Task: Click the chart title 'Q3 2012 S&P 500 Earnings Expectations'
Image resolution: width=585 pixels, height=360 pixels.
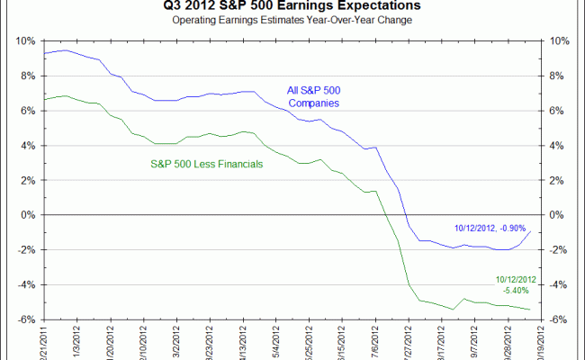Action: click(x=292, y=5)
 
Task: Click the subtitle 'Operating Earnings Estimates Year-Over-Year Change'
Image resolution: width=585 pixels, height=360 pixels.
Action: click(x=292, y=20)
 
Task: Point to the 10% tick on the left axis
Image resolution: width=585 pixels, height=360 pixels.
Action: click(x=25, y=41)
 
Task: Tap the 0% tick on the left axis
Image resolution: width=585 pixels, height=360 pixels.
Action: click(x=27, y=215)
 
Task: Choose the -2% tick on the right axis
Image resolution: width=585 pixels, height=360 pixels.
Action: click(x=558, y=250)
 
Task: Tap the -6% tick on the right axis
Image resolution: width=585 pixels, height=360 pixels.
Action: click(x=558, y=319)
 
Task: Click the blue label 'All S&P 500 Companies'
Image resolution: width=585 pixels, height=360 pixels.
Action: click(x=314, y=96)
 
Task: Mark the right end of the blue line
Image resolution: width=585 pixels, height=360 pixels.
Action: click(x=530, y=231)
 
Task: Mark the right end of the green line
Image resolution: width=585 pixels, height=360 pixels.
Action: click(x=530, y=310)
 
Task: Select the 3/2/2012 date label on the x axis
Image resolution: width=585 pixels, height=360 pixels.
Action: click(x=183, y=340)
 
